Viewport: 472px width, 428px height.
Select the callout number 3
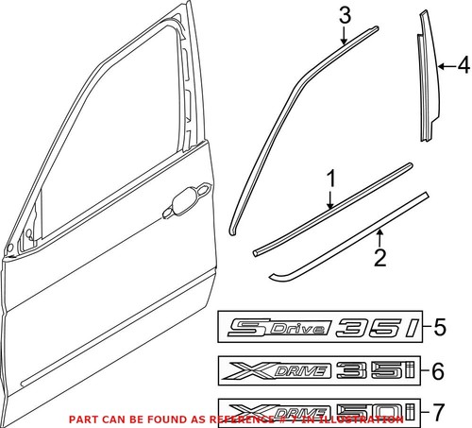(345, 15)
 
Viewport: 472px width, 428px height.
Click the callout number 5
(439, 329)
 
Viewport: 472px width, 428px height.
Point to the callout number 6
(435, 372)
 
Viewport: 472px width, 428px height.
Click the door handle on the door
(192, 197)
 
